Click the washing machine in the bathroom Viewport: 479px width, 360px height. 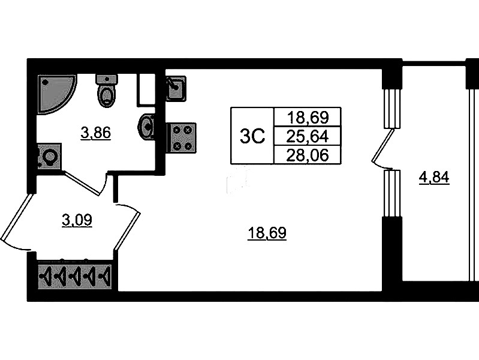49,157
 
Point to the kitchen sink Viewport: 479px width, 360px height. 175,89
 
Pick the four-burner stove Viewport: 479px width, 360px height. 182,137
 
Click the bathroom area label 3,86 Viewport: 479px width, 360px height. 96,133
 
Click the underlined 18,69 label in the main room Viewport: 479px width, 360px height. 267,233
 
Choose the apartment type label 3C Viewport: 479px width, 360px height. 252,137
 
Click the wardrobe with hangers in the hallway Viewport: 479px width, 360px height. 76,277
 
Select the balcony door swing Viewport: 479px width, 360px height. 381,150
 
